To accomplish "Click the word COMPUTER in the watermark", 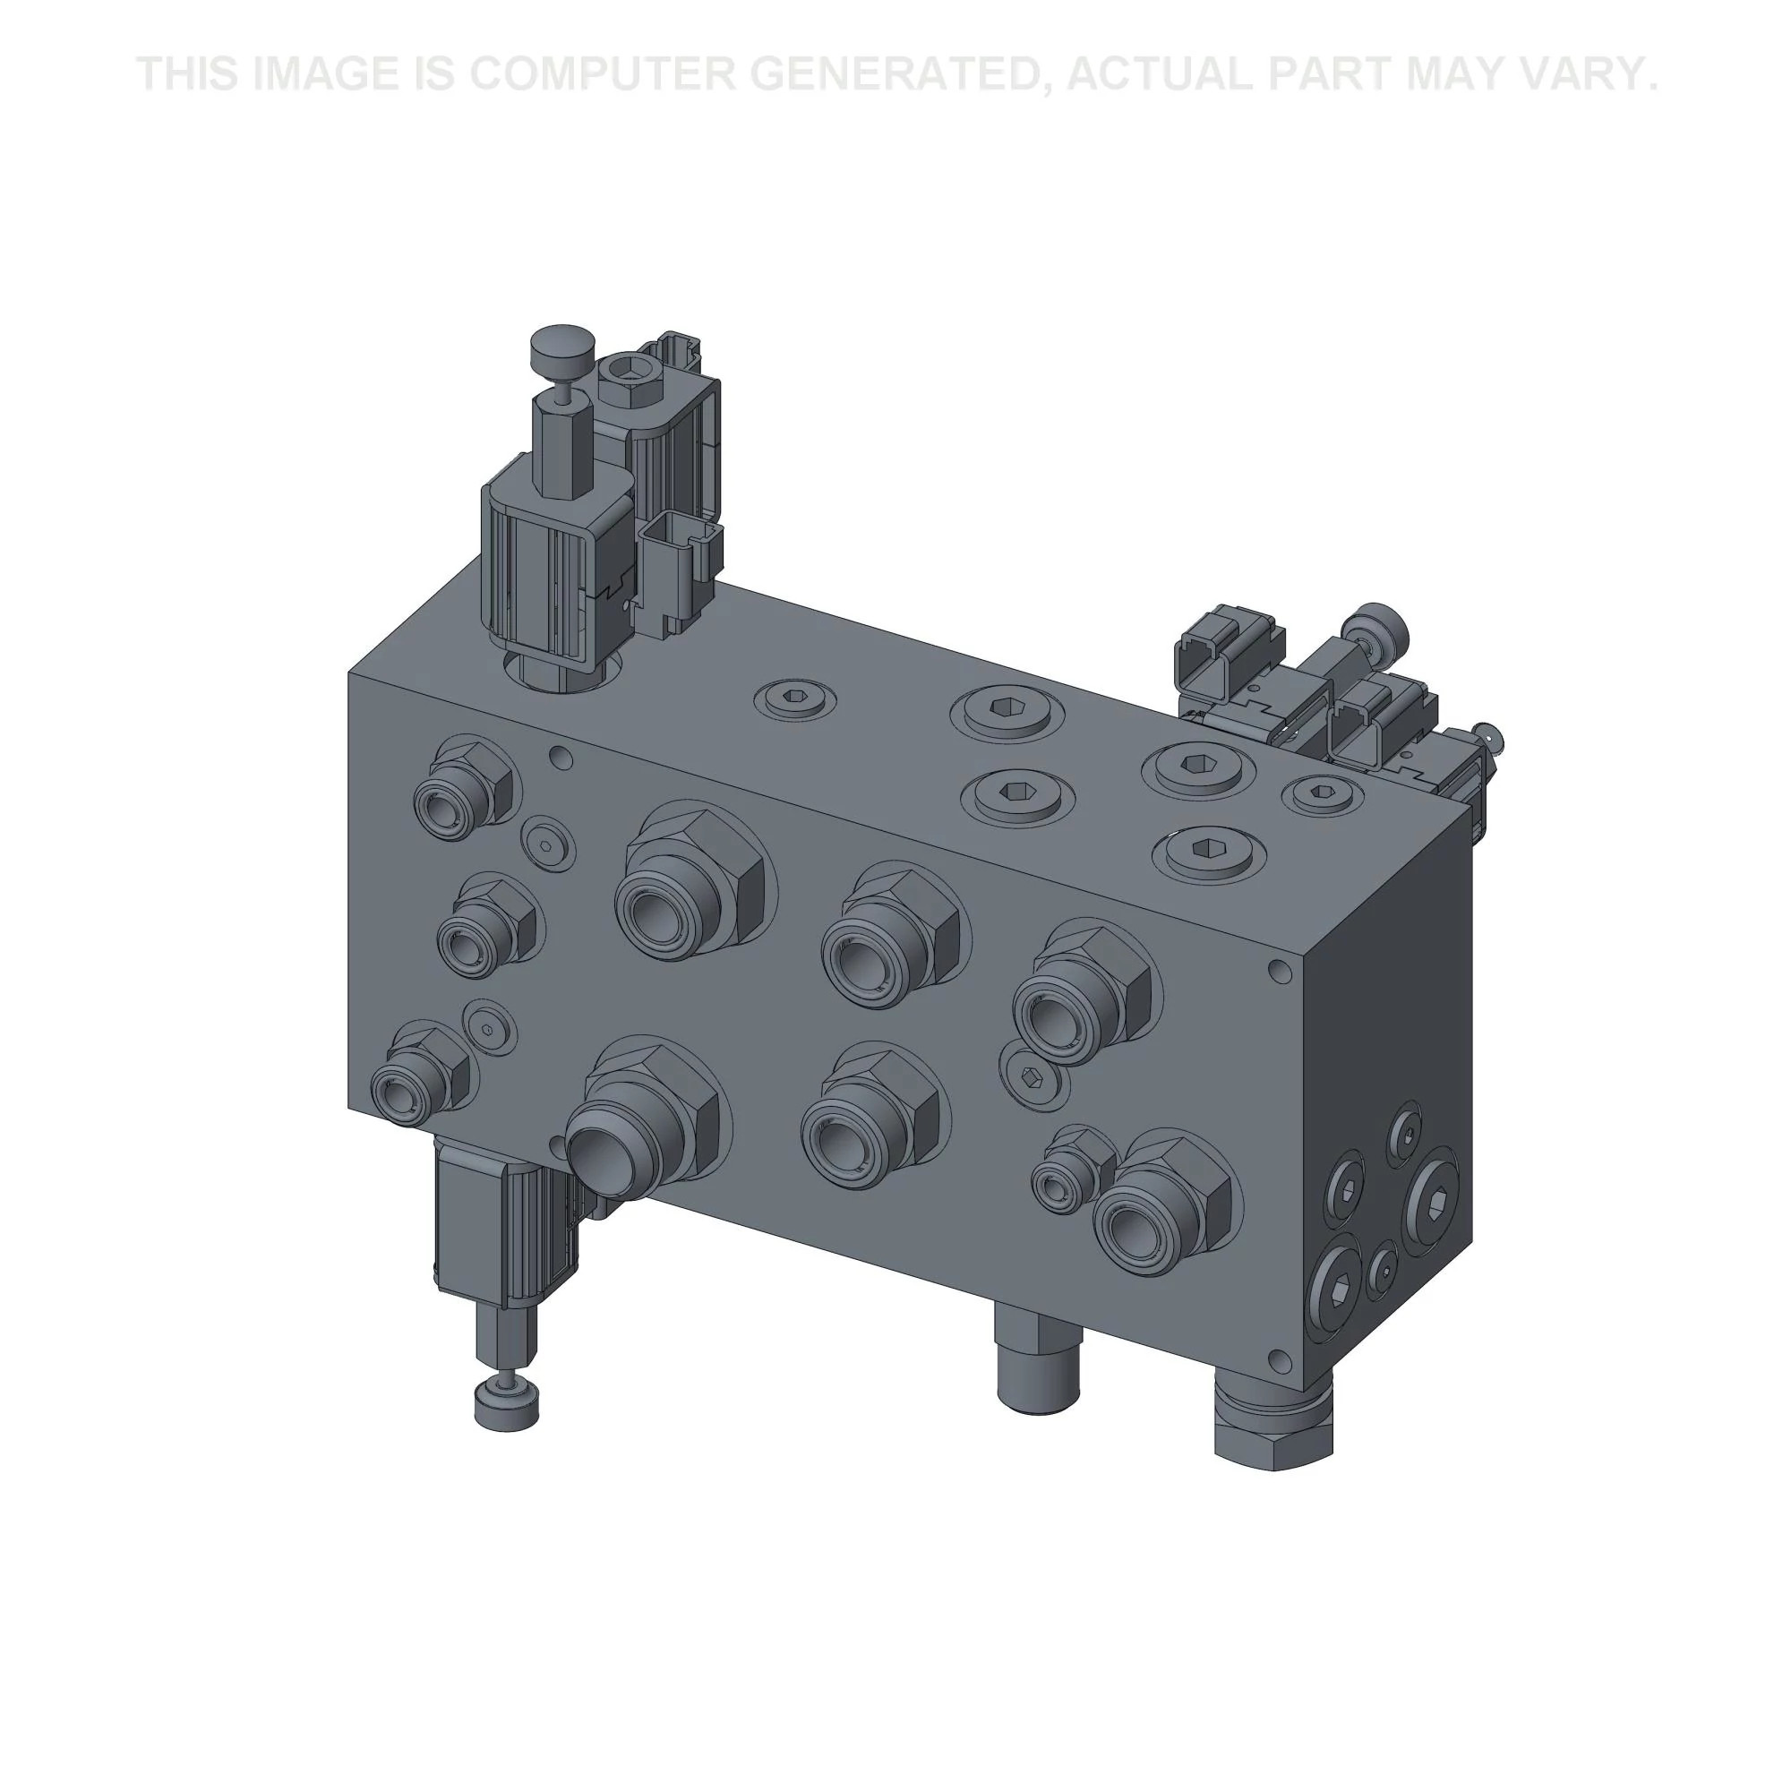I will (x=596, y=74).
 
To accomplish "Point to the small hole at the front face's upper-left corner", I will (x=559, y=758).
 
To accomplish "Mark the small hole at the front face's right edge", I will (x=1281, y=971).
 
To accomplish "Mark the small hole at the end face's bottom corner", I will (x=1280, y=1359).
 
